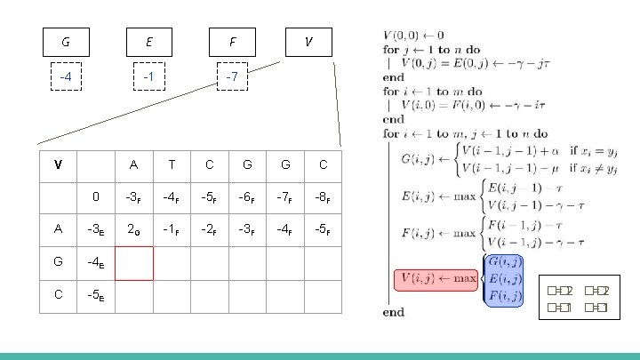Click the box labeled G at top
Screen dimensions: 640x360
66,42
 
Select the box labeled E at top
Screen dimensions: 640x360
149,42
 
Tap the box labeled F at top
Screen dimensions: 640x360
232,42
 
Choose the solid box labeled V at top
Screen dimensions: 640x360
308,42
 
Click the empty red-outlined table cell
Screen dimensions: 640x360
133,263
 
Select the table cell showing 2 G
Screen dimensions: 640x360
133,228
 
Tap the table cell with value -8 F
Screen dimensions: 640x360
323,196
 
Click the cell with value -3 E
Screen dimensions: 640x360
96,228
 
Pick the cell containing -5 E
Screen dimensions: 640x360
96,295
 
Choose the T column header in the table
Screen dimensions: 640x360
172,164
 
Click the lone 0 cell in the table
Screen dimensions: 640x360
96,196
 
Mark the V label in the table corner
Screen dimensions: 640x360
58,164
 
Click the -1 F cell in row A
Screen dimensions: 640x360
172,228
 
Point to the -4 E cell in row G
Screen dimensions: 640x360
96,263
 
